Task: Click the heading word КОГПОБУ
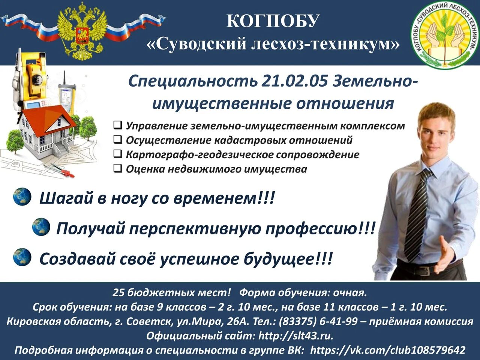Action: point(273,21)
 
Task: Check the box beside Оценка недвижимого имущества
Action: point(118,169)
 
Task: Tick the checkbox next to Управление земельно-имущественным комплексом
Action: point(118,125)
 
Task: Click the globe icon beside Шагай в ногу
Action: point(22,197)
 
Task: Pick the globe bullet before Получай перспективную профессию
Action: point(41,227)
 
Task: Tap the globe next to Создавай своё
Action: point(22,257)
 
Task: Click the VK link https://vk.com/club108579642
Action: point(388,350)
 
